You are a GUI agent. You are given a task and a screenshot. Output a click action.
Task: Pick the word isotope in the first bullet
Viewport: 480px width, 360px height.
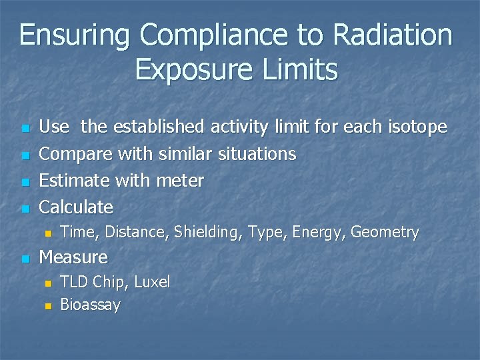click(417, 127)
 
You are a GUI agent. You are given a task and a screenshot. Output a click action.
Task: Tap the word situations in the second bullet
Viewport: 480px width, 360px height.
click(254, 154)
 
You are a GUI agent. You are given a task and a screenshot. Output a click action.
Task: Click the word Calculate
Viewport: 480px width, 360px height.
click(76, 207)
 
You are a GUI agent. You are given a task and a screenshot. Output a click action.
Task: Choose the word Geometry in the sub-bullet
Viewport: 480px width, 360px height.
click(385, 233)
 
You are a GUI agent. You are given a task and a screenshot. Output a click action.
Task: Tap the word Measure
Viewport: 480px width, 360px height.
click(73, 257)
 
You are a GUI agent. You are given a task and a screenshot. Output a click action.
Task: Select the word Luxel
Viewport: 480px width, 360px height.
click(152, 282)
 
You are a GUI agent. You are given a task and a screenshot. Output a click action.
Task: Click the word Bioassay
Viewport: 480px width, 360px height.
click(90, 305)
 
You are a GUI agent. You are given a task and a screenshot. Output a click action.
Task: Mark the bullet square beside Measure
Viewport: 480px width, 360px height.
click(25, 258)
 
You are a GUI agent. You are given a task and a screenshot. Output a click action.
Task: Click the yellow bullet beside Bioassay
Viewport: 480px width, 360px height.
click(47, 307)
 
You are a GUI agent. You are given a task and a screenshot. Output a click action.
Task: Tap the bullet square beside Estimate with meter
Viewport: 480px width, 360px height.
click(25, 182)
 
